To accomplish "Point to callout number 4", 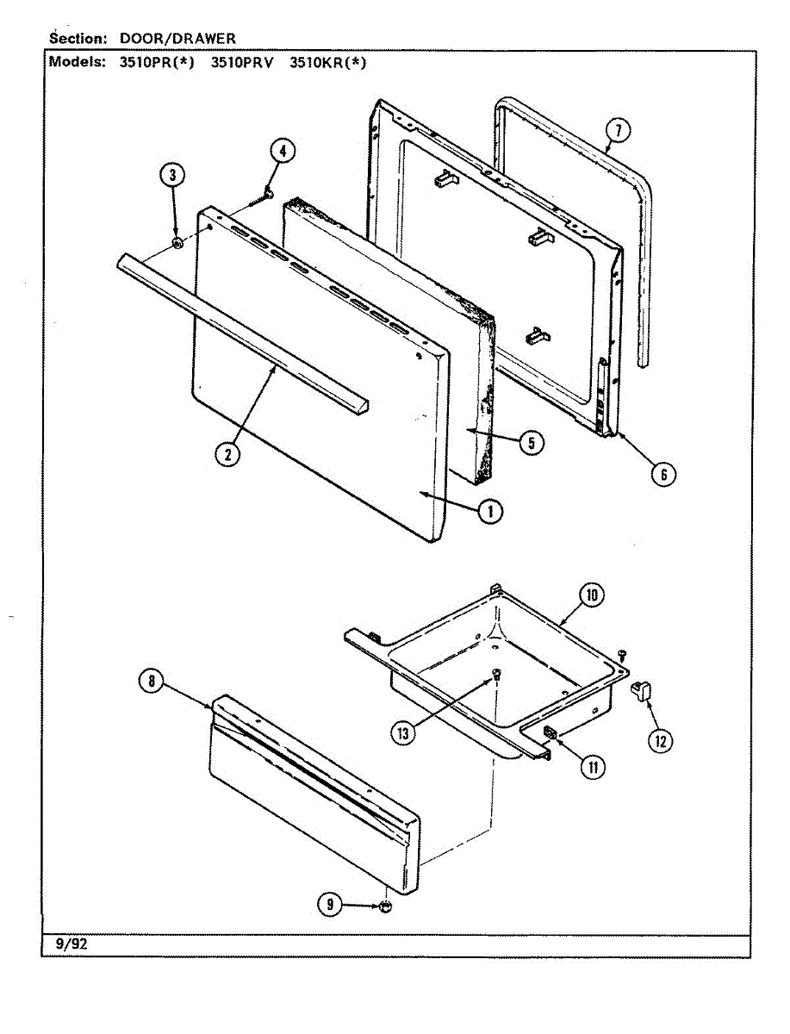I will (282, 151).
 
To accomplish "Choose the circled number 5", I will (531, 442).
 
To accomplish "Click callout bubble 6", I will (662, 473).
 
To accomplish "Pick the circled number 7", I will (617, 131).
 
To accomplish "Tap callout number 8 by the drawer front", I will (151, 682).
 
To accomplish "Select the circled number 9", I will (327, 904).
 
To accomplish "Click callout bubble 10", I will (592, 595).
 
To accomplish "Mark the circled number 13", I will (401, 732).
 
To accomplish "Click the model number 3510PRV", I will (242, 62).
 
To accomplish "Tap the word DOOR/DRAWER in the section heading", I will (177, 39).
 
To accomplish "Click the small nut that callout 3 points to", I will (177, 244).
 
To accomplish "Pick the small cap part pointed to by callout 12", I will (640, 688).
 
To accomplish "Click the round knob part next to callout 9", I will (385, 906).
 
